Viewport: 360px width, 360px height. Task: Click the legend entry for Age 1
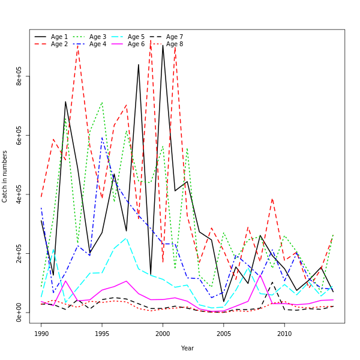59,37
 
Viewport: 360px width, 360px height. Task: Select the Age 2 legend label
59,44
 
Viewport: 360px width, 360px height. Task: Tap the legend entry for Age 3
98,37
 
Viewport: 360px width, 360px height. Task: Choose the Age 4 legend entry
98,44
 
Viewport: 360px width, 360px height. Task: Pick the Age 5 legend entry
136,37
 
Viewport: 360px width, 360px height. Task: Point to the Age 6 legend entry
136,44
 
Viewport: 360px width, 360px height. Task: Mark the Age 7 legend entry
175,37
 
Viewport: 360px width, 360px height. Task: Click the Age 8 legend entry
175,44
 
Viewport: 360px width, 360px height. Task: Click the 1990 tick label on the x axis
41,334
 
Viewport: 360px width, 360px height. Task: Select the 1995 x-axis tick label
102,334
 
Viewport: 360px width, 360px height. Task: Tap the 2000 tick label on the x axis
163,334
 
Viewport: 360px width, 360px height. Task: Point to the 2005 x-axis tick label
224,334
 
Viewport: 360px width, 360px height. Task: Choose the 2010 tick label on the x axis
284,334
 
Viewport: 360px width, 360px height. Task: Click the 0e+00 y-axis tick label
20,312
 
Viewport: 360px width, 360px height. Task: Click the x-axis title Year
187,348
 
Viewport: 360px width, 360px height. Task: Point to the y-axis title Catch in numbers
5,176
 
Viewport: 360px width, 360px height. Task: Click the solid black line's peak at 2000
163,46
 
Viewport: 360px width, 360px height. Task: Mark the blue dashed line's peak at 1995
102,138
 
